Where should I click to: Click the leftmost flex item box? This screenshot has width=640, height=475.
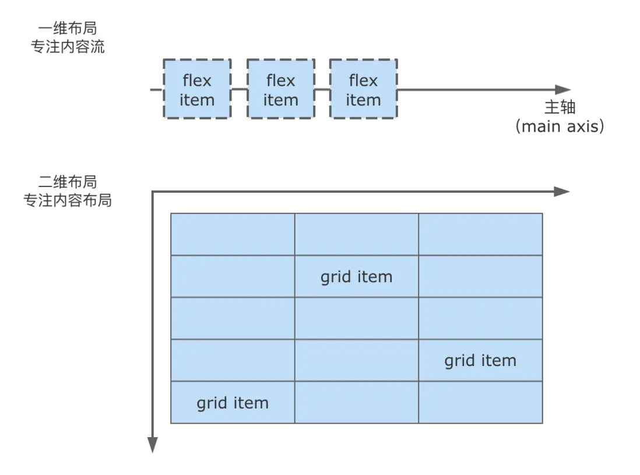click(197, 89)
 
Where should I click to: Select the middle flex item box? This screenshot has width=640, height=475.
click(280, 89)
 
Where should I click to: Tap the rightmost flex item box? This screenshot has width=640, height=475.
click(363, 89)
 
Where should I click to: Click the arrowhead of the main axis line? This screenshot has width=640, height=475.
click(562, 90)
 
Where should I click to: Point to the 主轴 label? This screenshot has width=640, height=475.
click(560, 108)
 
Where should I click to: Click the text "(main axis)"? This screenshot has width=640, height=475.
click(560, 126)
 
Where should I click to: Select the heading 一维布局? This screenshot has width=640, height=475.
click(68, 29)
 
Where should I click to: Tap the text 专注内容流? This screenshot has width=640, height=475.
click(68, 47)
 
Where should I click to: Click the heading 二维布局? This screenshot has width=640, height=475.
click(68, 182)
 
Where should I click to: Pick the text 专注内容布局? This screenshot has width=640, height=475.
click(68, 200)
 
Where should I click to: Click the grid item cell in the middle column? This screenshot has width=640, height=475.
click(356, 276)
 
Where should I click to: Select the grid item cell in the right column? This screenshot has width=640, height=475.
click(480, 360)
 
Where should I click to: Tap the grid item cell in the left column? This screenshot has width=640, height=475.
click(233, 402)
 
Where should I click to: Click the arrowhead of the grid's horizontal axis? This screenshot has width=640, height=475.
click(561, 192)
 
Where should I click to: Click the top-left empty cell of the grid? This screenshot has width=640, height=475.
click(233, 234)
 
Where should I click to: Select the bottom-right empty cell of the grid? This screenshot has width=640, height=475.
click(480, 402)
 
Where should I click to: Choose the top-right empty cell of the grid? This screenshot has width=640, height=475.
click(480, 234)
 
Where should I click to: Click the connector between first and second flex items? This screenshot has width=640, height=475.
click(239, 89)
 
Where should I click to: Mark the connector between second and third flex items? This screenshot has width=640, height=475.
click(322, 89)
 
